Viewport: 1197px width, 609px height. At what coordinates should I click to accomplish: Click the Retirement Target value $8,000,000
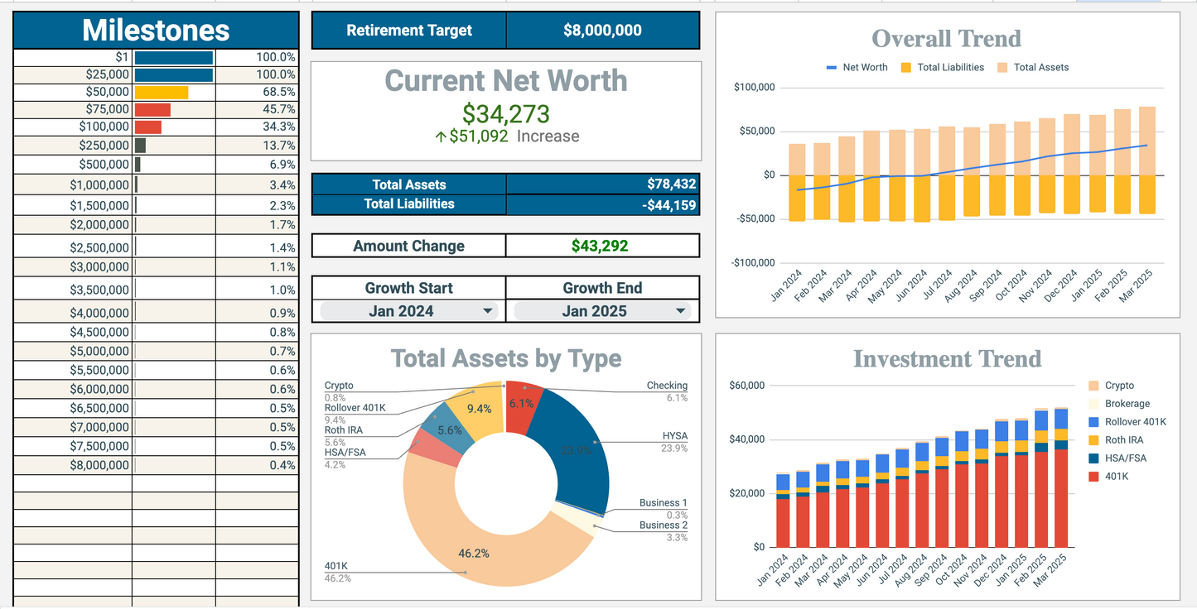[x=602, y=31]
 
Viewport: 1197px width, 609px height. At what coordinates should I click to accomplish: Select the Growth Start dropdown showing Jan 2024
[x=409, y=311]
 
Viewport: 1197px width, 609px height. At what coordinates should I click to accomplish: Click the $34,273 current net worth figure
[x=505, y=113]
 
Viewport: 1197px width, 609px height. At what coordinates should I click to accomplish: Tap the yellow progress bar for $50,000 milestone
[x=162, y=92]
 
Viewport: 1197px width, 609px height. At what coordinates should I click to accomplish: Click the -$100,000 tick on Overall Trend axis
[x=753, y=263]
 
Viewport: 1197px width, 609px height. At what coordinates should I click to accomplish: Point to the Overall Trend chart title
[x=946, y=39]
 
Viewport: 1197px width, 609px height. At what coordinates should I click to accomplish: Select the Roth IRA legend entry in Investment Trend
[x=1124, y=440]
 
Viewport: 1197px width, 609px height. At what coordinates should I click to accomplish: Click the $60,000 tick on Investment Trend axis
[x=746, y=386]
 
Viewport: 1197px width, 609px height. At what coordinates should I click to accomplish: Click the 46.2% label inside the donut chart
[x=473, y=553]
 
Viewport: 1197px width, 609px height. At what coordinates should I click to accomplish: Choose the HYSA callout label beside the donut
[x=674, y=436]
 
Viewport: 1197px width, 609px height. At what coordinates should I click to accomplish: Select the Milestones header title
[x=156, y=31]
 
